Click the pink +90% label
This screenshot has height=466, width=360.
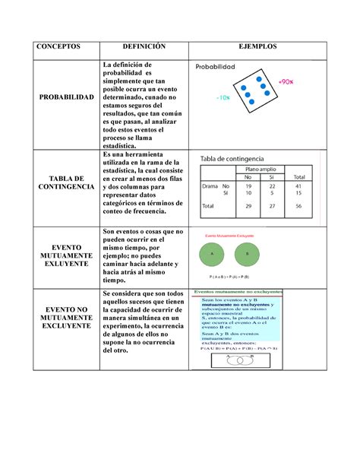pos(286,80)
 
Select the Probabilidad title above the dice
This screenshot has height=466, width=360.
pos(219,67)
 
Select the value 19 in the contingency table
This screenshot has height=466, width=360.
pos(248,185)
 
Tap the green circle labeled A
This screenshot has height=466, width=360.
pos(214,253)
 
